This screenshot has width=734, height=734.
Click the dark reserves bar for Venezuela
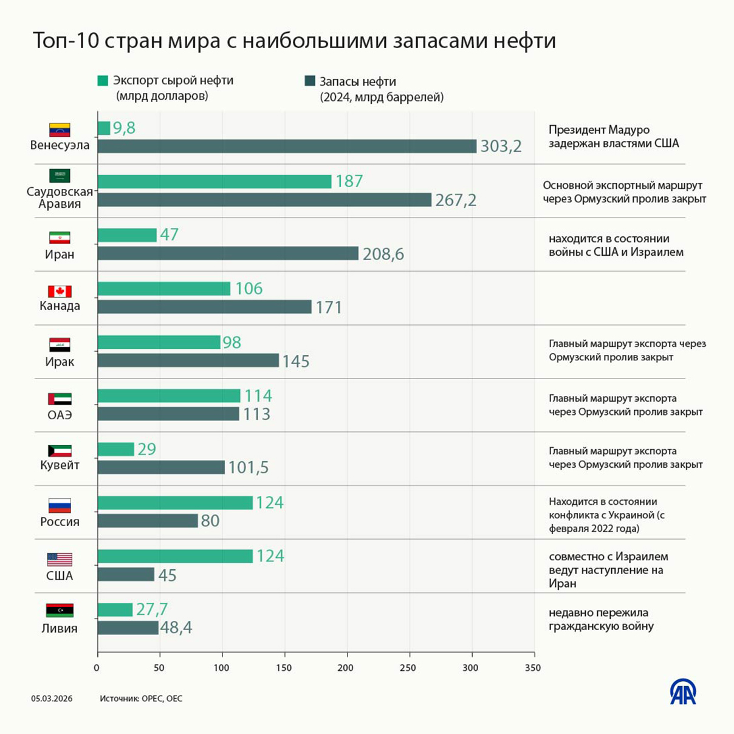coord(287,146)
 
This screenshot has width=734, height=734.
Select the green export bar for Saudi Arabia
coord(214,181)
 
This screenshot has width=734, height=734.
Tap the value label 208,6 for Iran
coord(383,254)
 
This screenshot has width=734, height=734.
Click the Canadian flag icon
coord(60,292)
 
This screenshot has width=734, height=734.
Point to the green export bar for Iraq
coord(159,342)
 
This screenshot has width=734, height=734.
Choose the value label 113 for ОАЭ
coord(256,414)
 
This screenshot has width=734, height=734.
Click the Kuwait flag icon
coord(60,451)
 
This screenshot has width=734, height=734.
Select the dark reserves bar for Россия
coord(148,521)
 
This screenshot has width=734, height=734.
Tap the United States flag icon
coord(60,559)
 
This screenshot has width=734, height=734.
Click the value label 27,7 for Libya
coord(152,609)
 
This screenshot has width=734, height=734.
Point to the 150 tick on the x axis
coord(284,668)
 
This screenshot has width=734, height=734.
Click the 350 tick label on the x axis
coord(533,668)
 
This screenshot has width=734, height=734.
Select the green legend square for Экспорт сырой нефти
coord(103,81)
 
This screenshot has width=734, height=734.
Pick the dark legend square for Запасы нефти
coord(310,81)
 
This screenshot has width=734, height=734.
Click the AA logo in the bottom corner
coord(683,692)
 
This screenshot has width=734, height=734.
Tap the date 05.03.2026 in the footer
coord(52,699)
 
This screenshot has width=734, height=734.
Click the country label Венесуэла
coord(60,145)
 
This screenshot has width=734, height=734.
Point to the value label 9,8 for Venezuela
coord(124,128)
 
